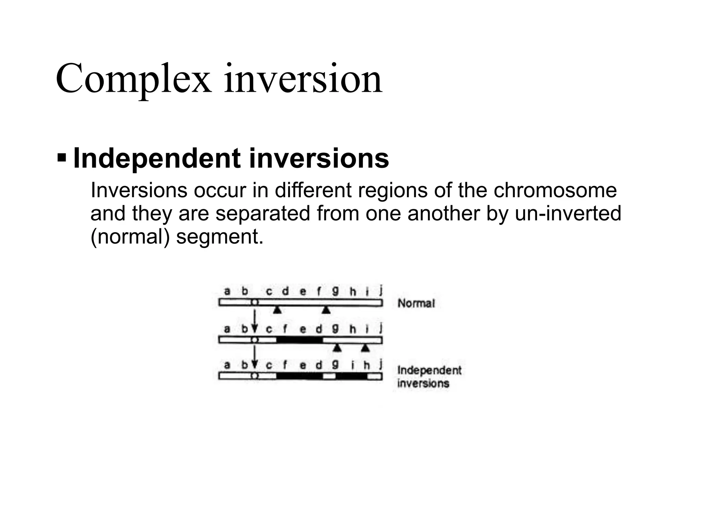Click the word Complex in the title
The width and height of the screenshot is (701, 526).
[x=133, y=79]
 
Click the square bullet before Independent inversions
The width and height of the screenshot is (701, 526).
[x=62, y=158]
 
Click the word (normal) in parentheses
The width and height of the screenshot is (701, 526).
[x=130, y=237]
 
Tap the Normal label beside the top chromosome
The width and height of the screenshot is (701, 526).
[x=416, y=303]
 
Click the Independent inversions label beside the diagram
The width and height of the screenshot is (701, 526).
[x=429, y=376]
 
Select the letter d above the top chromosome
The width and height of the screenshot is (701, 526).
[x=285, y=291]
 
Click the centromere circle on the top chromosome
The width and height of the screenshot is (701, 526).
[x=254, y=303]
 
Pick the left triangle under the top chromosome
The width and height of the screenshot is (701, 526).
[x=278, y=310]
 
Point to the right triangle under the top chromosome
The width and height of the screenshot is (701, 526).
[x=326, y=310]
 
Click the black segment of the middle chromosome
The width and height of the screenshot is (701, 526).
[x=299, y=340]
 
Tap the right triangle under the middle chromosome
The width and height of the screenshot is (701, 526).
[x=366, y=348]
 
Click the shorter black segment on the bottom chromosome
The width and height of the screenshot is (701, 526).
[x=351, y=376]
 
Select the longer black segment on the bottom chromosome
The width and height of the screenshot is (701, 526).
[x=299, y=376]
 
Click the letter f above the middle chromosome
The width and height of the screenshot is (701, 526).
[x=285, y=329]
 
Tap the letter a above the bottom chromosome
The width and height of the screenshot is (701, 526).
[x=227, y=365]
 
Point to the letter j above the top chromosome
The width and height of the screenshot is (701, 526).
[x=381, y=291]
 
